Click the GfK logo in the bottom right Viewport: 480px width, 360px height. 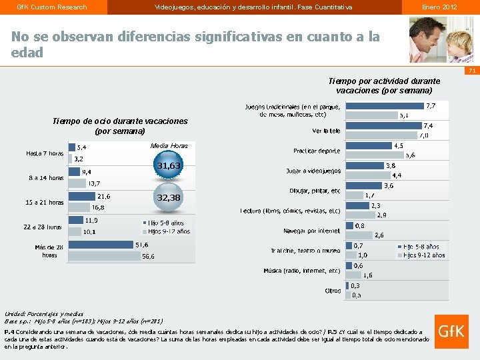point(450,330)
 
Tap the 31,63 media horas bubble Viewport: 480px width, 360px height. point(169,165)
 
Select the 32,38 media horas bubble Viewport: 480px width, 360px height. point(169,198)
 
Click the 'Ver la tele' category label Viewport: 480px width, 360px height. point(327,131)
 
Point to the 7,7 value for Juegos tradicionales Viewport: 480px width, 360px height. point(431,105)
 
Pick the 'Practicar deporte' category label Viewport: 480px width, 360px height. point(317,151)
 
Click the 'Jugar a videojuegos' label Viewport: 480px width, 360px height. point(313,171)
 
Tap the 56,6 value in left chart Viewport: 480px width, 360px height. point(147,256)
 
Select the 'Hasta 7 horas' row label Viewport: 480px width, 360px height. point(45,153)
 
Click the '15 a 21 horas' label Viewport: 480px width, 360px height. point(45,202)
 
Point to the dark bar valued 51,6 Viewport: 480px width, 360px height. point(101,245)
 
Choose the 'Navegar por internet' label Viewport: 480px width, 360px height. point(312,231)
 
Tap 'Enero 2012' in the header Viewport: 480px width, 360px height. point(439,7)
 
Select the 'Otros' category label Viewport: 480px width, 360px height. point(333,291)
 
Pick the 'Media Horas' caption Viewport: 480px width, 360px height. point(169,145)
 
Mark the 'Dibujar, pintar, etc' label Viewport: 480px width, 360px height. point(315,191)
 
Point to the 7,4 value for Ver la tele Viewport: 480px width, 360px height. point(428,125)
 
